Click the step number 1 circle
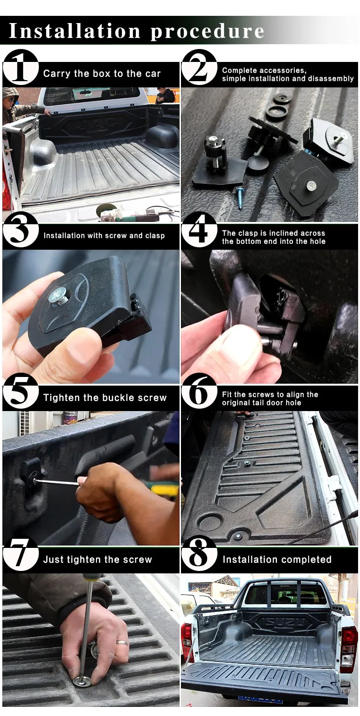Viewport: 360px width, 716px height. click(21, 67)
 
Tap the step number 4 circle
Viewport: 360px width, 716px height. click(199, 229)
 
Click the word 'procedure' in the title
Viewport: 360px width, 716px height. click(207, 31)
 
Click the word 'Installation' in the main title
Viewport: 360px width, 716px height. click(75, 31)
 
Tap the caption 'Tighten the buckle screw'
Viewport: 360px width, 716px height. click(105, 398)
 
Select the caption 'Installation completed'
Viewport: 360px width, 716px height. click(277, 559)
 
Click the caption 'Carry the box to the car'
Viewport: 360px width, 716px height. click(102, 73)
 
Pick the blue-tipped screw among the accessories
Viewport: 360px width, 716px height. click(239, 198)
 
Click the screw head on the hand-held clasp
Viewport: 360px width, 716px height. click(57, 297)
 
